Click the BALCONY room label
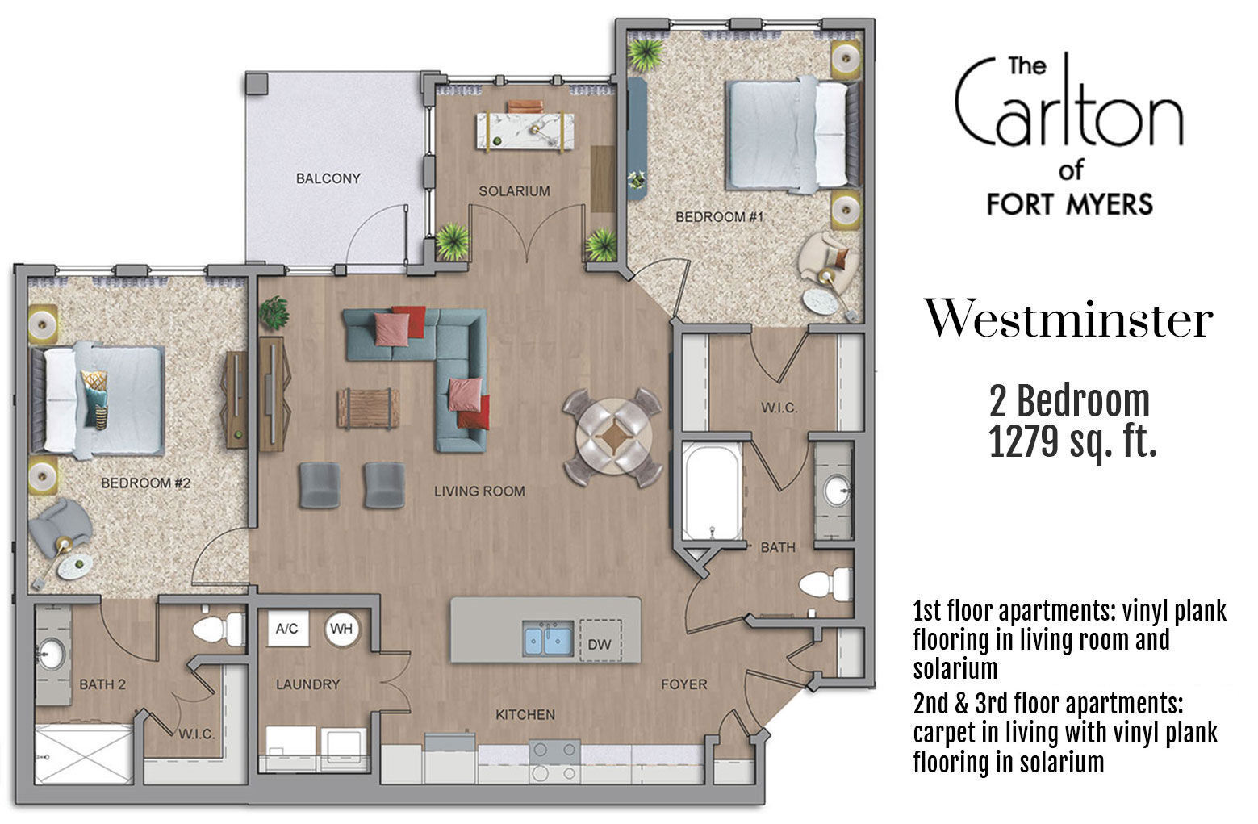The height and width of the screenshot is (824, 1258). (328, 178)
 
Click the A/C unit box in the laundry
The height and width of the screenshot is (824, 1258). (287, 629)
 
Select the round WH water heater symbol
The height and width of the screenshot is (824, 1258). (342, 629)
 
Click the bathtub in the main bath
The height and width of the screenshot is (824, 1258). (711, 491)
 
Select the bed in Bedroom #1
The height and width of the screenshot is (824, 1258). (789, 133)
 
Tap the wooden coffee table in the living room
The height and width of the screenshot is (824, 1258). (368, 408)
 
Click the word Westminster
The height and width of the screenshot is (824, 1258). (1068, 320)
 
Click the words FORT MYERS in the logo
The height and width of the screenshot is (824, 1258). (1069, 203)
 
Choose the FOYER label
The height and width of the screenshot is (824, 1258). (683, 684)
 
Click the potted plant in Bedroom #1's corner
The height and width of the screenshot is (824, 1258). (645, 53)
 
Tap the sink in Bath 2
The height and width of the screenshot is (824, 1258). (52, 650)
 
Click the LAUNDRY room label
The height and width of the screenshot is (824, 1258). (307, 684)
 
